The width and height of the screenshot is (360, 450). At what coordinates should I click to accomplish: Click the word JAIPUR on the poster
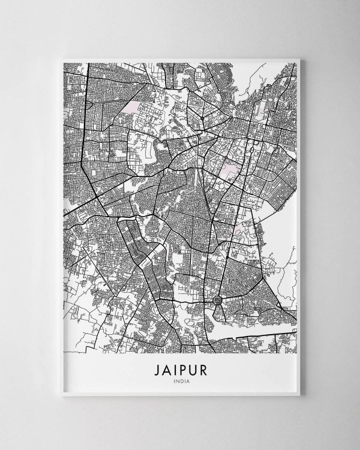(x=180, y=369)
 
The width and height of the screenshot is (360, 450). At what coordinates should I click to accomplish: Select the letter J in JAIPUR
(x=155, y=369)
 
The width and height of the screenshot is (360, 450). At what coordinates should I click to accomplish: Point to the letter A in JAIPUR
(x=166, y=369)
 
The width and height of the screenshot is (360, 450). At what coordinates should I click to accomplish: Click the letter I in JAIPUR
(x=175, y=369)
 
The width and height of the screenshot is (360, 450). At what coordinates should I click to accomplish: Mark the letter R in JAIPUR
(x=203, y=369)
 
